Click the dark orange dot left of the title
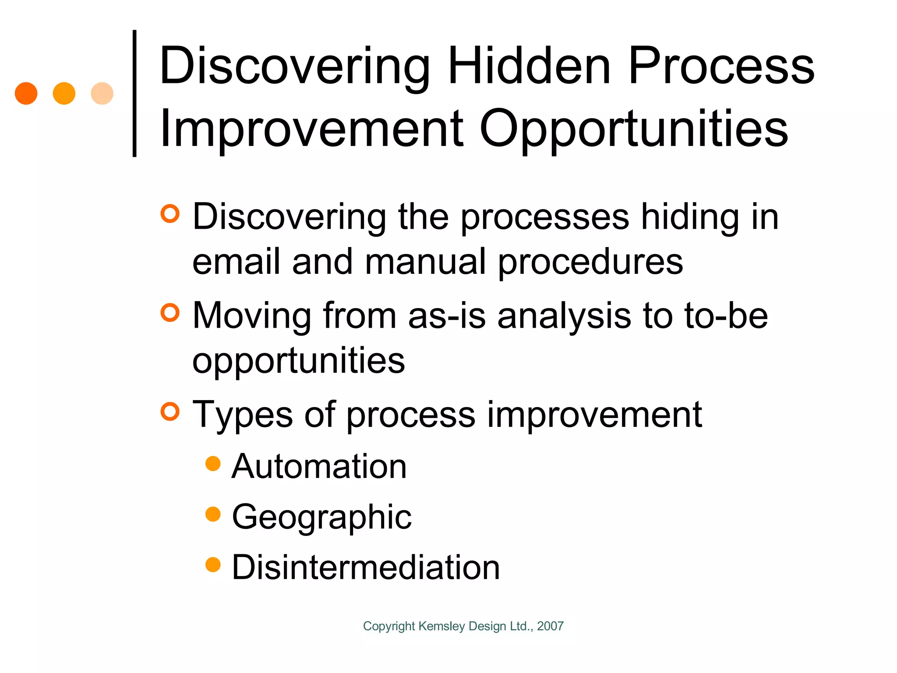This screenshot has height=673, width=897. click(x=26, y=93)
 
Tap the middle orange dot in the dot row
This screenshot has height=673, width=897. click(x=64, y=93)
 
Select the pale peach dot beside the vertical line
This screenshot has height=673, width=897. click(x=102, y=93)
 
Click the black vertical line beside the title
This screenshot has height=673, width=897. click(x=134, y=93)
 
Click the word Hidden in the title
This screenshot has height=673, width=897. click(x=529, y=67)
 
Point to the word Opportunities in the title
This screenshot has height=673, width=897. click(x=634, y=129)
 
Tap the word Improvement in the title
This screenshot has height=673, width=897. click(x=311, y=129)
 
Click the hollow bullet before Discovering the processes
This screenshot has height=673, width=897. click(x=170, y=214)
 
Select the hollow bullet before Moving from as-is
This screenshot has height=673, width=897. click(x=170, y=313)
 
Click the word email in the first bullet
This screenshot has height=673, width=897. click(x=236, y=262)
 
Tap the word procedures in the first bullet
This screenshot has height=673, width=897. click(x=590, y=262)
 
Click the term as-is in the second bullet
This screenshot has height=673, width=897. click(x=447, y=316)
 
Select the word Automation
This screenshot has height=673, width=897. click(x=319, y=466)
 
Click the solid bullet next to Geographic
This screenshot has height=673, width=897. click(x=213, y=514)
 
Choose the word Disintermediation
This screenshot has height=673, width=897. click(x=366, y=567)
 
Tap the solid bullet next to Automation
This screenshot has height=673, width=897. click(x=213, y=464)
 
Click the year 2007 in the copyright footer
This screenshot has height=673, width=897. click(x=550, y=626)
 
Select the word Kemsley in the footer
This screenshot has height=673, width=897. click(x=441, y=626)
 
